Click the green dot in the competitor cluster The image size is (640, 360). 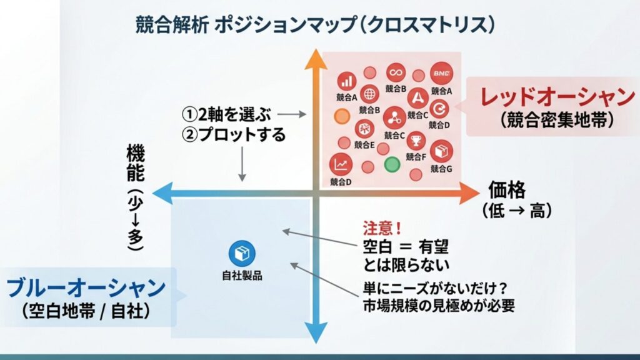(x=391, y=166)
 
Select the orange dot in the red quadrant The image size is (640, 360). (x=341, y=116)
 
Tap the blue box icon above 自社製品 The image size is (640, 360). (x=242, y=252)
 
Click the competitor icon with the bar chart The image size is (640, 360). (x=347, y=81)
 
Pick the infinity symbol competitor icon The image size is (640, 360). (x=396, y=72)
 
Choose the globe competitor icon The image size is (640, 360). (x=369, y=94)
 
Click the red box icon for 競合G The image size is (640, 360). (x=441, y=151)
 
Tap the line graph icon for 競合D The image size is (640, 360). (x=341, y=164)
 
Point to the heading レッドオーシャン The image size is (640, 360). (x=557, y=97)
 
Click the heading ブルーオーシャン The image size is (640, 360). (x=86, y=288)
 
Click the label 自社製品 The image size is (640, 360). (x=242, y=274)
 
